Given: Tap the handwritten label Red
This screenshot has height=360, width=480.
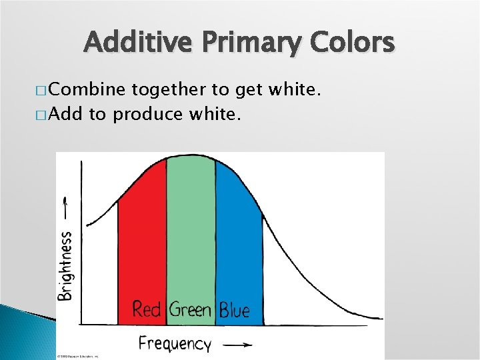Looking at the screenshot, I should pyautogui.click(x=147, y=309).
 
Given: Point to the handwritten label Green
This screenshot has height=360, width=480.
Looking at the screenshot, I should pyautogui.click(x=190, y=309).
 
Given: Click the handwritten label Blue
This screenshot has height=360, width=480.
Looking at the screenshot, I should pyautogui.click(x=234, y=310).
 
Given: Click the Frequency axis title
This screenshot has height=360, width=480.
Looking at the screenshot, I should pyautogui.click(x=175, y=343).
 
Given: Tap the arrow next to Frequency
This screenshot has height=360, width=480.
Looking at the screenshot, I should pyautogui.click(x=237, y=345).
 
